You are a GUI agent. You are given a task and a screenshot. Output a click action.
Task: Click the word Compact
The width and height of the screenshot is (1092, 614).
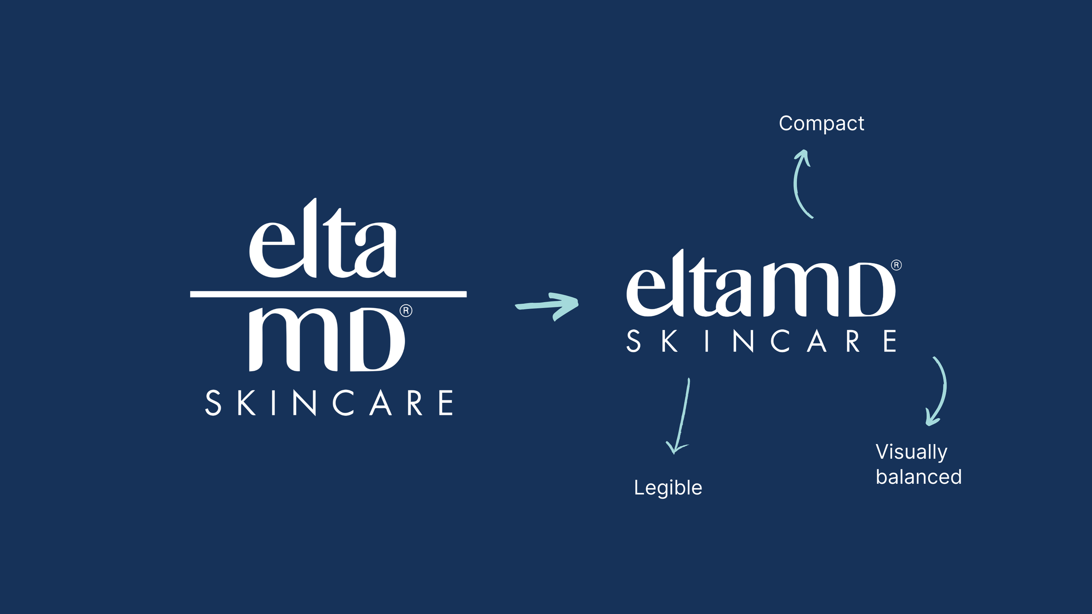pyautogui.click(x=821, y=124)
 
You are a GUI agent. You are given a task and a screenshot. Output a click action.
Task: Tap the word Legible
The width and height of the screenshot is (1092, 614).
pyautogui.click(x=668, y=487)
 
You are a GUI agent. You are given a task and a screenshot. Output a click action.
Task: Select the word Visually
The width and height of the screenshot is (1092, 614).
pyautogui.click(x=912, y=452)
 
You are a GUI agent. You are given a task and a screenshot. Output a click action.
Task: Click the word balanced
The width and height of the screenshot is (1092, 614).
pyautogui.click(x=919, y=477)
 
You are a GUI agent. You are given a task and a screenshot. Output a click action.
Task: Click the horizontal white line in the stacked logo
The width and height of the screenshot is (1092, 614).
pyautogui.click(x=328, y=294)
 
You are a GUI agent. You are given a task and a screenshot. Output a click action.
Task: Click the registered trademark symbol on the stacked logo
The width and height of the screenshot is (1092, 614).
pyautogui.click(x=406, y=310)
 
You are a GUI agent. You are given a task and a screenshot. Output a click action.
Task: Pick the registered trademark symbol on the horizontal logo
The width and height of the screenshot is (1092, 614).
pyautogui.click(x=896, y=265)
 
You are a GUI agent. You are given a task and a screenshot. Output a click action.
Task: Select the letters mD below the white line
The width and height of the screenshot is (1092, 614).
pyautogui.click(x=327, y=339)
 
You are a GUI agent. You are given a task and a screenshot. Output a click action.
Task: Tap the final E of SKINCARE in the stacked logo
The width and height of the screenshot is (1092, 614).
pyautogui.click(x=446, y=403)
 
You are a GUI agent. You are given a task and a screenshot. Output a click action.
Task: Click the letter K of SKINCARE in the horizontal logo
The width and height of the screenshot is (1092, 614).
pyautogui.click(x=670, y=341)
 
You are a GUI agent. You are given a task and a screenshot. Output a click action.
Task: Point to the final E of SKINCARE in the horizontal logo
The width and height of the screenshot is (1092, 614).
pyautogui.click(x=890, y=341)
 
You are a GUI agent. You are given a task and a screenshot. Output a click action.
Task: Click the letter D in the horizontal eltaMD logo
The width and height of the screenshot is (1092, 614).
pyautogui.click(x=867, y=290)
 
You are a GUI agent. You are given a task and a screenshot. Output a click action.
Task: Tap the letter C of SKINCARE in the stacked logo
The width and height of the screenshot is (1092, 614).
pyautogui.click(x=342, y=403)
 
